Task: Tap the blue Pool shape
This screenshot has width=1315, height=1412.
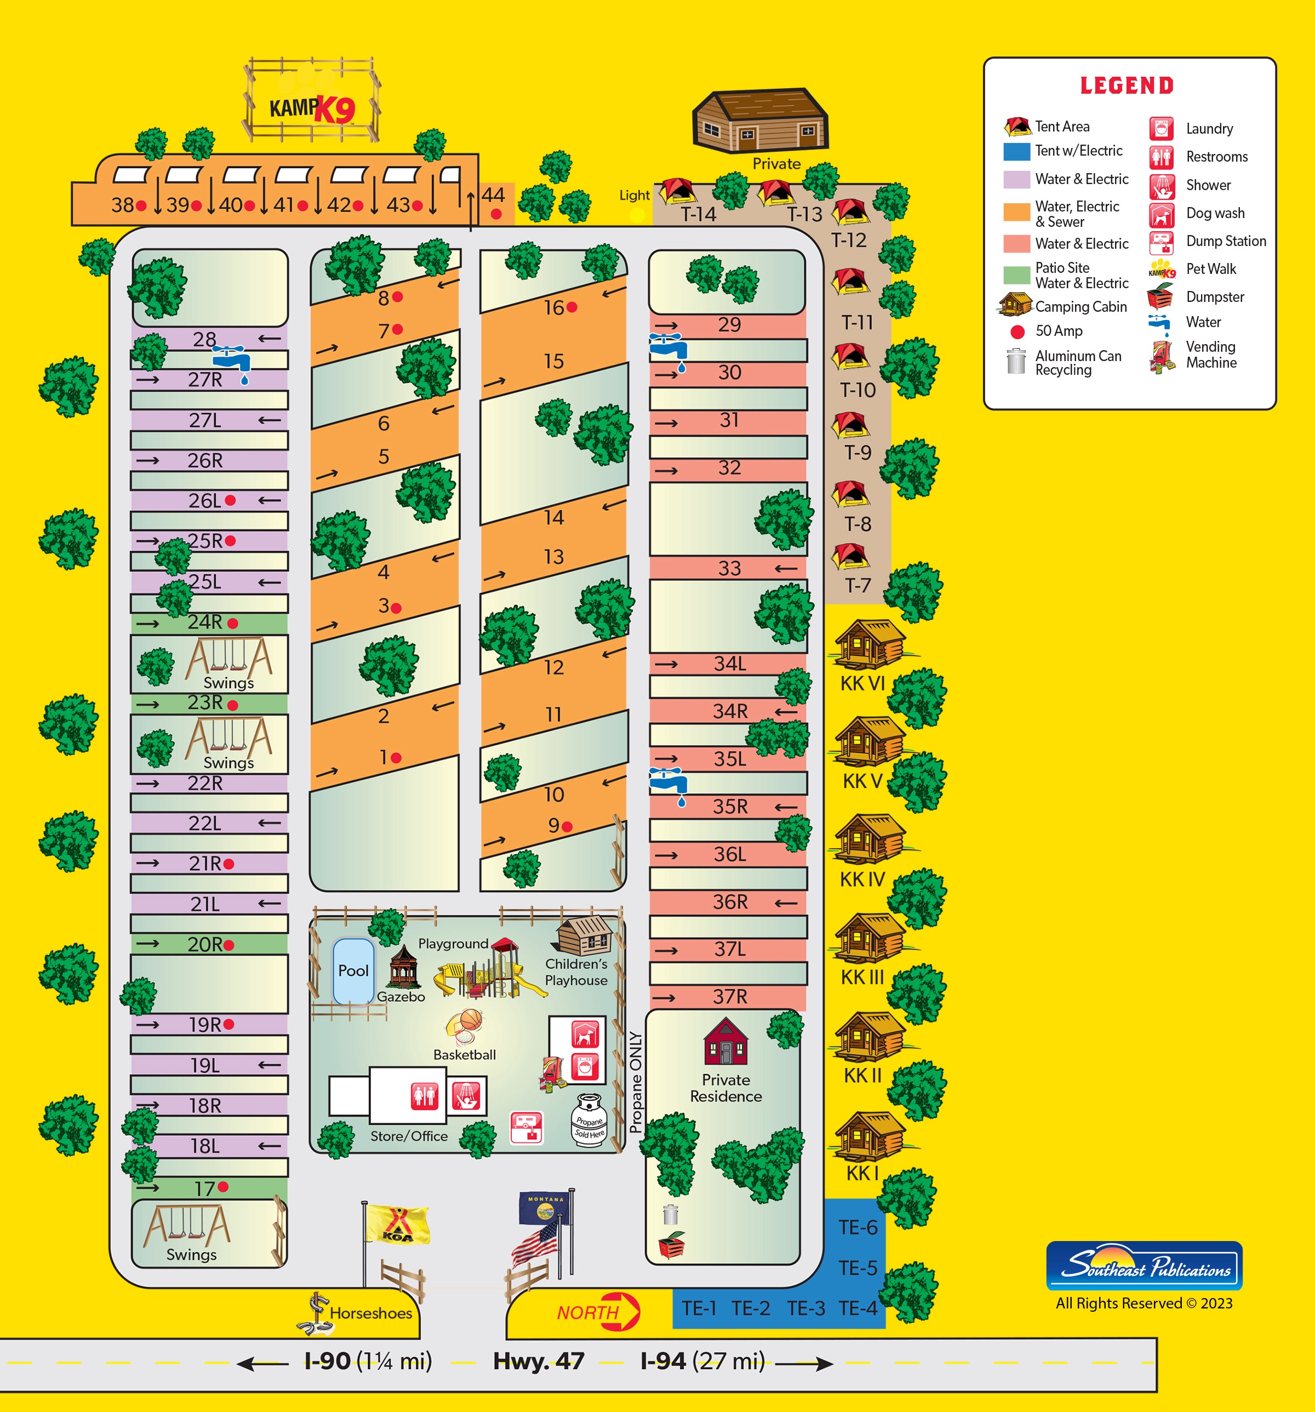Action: tap(353, 970)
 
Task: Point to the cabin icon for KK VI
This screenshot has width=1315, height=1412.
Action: tap(870, 643)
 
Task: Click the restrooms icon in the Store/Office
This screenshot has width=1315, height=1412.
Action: tap(425, 1096)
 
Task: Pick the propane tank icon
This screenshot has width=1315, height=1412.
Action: tap(588, 1119)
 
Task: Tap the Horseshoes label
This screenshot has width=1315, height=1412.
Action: tap(370, 1313)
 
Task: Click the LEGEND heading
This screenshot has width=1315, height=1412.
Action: tap(1127, 86)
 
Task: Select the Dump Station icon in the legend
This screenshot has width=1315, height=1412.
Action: tap(1161, 242)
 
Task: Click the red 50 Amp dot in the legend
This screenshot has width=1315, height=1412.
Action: tap(1017, 331)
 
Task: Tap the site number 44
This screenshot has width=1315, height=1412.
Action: tap(493, 195)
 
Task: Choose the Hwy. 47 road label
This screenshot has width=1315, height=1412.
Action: tap(539, 1361)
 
